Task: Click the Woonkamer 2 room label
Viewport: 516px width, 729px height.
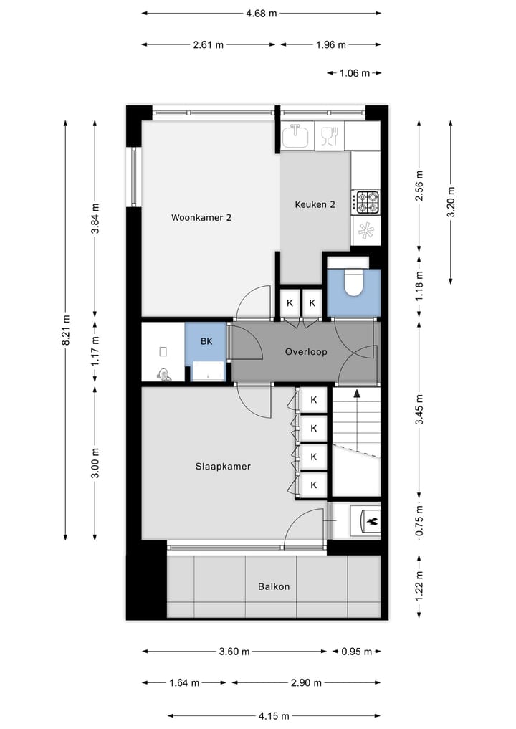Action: (201, 217)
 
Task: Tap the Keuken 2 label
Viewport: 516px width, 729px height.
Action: (315, 204)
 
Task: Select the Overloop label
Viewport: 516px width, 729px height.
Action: (305, 352)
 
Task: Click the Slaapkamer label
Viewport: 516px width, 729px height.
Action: (223, 466)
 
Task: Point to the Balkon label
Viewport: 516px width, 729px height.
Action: (274, 586)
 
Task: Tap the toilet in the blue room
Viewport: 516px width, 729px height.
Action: (353, 282)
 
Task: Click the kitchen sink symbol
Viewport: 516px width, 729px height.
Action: (295, 135)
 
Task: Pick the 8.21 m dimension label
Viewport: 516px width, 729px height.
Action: (66, 330)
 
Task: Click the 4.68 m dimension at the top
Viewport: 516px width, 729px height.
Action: (261, 13)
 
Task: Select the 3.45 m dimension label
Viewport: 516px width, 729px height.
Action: (420, 409)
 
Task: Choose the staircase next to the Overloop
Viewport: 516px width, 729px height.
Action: (355, 430)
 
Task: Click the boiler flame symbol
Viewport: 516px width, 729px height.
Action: (371, 521)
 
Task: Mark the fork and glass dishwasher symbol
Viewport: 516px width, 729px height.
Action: (329, 135)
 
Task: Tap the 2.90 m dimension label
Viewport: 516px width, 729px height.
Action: (301, 683)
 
